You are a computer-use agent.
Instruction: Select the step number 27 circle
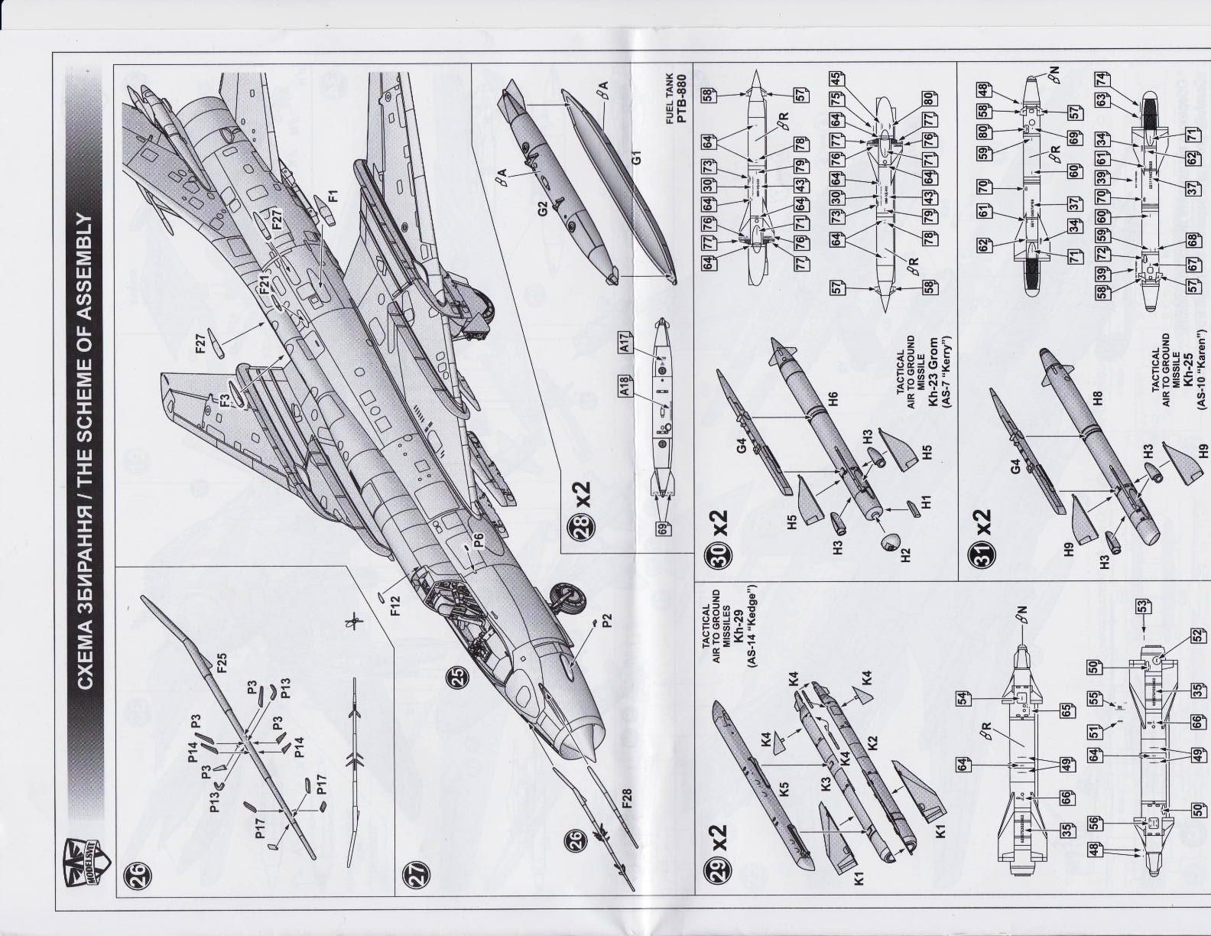pos(414,873)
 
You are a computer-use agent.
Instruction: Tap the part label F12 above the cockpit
pos(394,616)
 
